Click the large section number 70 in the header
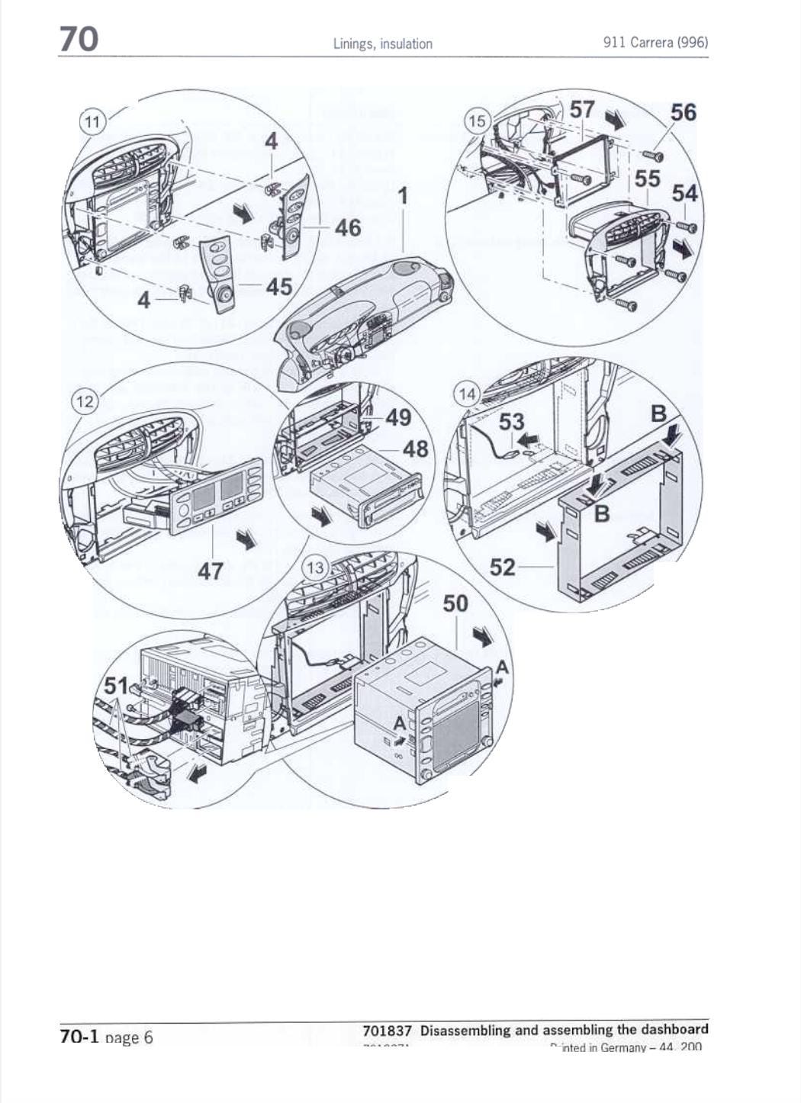[79, 38]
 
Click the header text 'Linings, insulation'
[382, 43]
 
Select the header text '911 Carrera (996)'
[655, 42]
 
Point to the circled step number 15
[477, 121]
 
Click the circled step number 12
[85, 401]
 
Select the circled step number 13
[314, 568]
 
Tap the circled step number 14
[467, 394]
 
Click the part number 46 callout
[347, 227]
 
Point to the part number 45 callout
[279, 286]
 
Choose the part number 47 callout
[211, 570]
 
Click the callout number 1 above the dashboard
[403, 196]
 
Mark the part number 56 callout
[684, 112]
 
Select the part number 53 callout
[512, 422]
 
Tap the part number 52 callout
[503, 567]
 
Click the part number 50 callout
[455, 603]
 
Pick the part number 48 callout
[415, 449]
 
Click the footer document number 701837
[387, 1031]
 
